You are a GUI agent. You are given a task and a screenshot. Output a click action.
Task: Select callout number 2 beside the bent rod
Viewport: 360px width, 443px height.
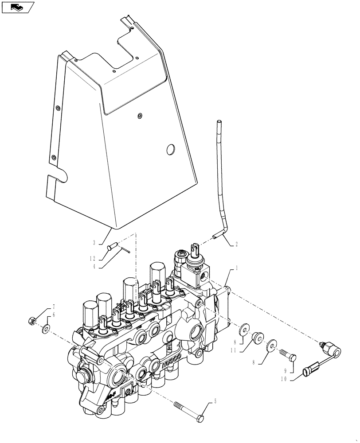(x=236, y=243)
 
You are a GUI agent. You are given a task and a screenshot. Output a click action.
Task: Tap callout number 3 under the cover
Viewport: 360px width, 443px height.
(x=94, y=242)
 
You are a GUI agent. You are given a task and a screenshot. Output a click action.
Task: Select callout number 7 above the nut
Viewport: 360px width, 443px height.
(x=54, y=307)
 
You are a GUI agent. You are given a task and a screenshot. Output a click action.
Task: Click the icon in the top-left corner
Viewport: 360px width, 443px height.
(x=18, y=7)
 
